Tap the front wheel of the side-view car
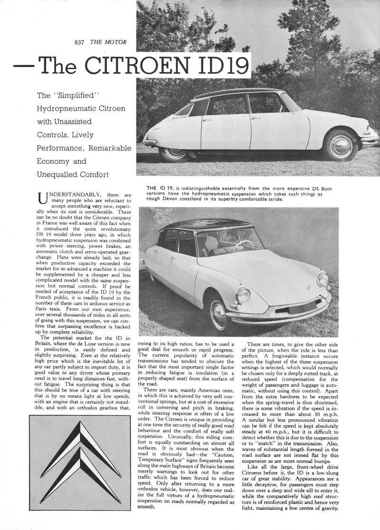click(x=340, y=146)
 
